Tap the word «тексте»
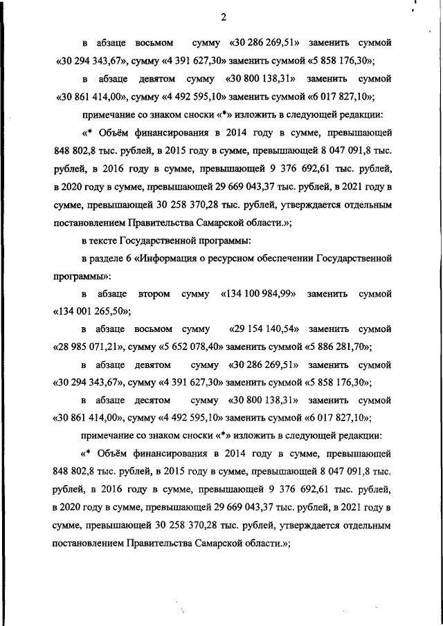coord(104,241)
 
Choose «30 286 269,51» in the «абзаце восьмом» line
coord(259,43)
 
